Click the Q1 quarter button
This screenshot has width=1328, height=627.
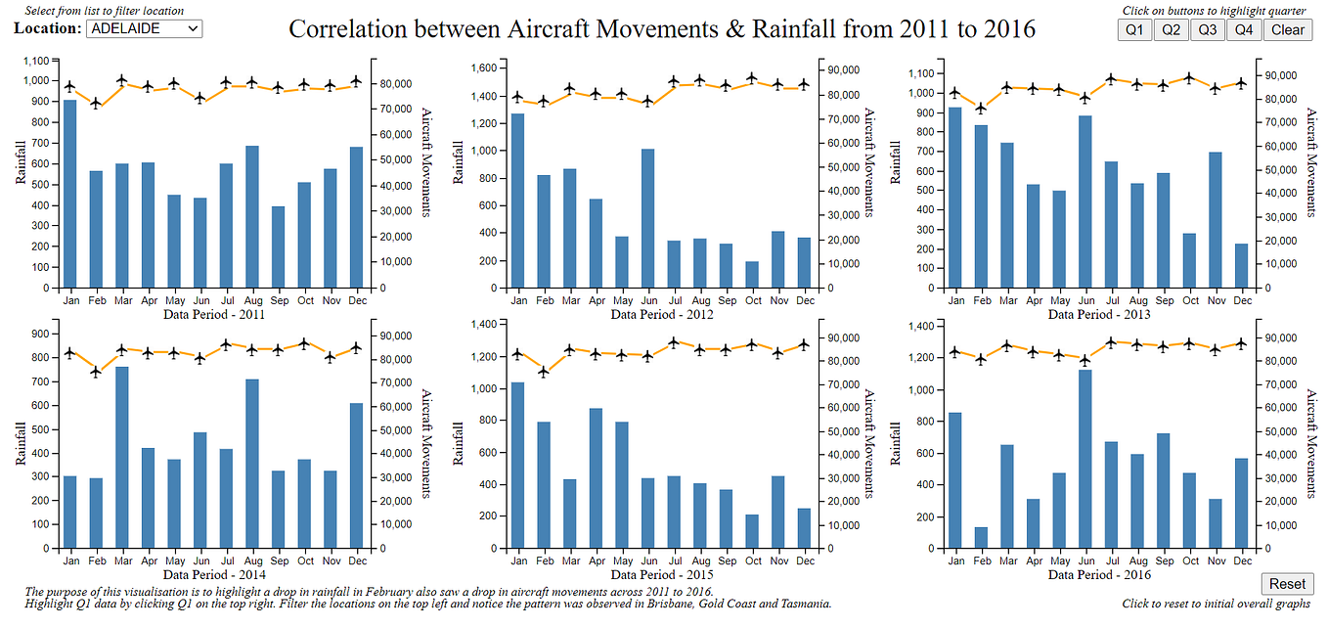click(x=1134, y=29)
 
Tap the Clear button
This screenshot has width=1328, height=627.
click(x=1287, y=29)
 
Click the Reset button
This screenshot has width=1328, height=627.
click(x=1287, y=584)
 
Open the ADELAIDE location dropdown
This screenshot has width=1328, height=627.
click(x=144, y=28)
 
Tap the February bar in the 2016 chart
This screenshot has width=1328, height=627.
click(x=982, y=538)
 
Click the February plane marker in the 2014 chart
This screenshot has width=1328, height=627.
click(x=96, y=372)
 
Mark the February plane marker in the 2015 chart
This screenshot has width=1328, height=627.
click(x=544, y=372)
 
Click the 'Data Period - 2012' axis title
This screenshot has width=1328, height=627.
click(x=662, y=315)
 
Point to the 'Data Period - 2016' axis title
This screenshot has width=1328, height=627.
click(x=1099, y=575)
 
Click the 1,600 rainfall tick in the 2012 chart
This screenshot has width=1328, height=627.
click(x=483, y=68)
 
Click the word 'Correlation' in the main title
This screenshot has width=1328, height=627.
click(x=343, y=28)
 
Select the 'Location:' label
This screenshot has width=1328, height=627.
click(x=47, y=28)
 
